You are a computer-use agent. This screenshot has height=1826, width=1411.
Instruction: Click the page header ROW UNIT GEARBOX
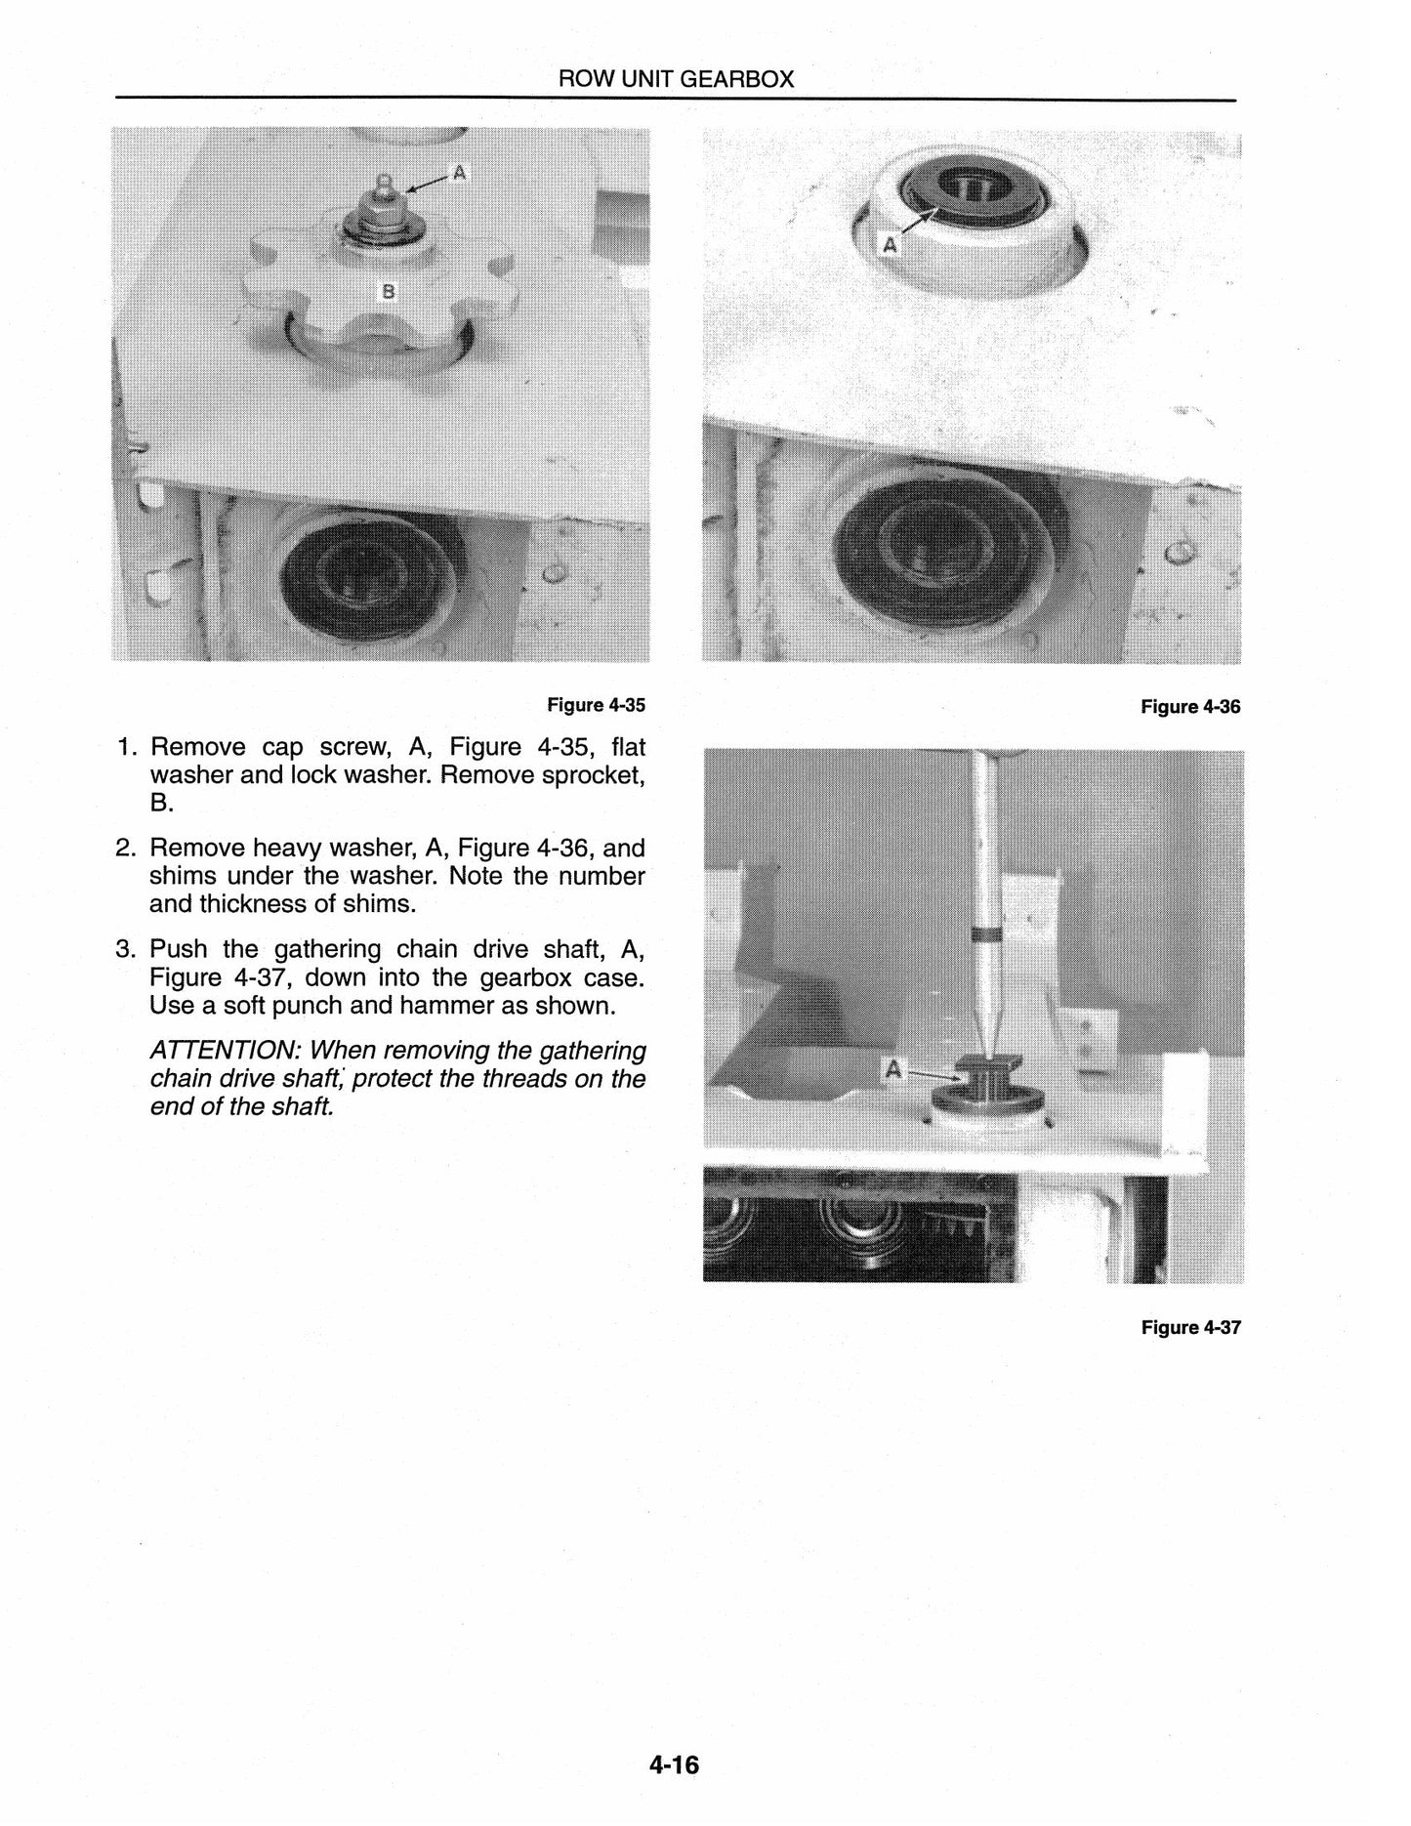676,80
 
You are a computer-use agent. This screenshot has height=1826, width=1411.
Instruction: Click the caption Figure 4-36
1190,707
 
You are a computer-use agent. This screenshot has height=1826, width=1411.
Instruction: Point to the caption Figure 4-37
1190,1327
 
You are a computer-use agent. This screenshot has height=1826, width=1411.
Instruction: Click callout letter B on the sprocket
388,290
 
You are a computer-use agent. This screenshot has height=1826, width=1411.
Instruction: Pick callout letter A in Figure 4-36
890,246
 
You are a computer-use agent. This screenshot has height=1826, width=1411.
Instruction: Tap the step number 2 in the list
124,848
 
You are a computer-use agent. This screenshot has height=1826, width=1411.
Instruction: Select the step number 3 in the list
124,950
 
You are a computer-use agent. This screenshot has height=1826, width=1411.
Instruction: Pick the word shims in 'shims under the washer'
183,876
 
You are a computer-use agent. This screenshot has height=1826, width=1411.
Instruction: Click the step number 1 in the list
124,748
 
